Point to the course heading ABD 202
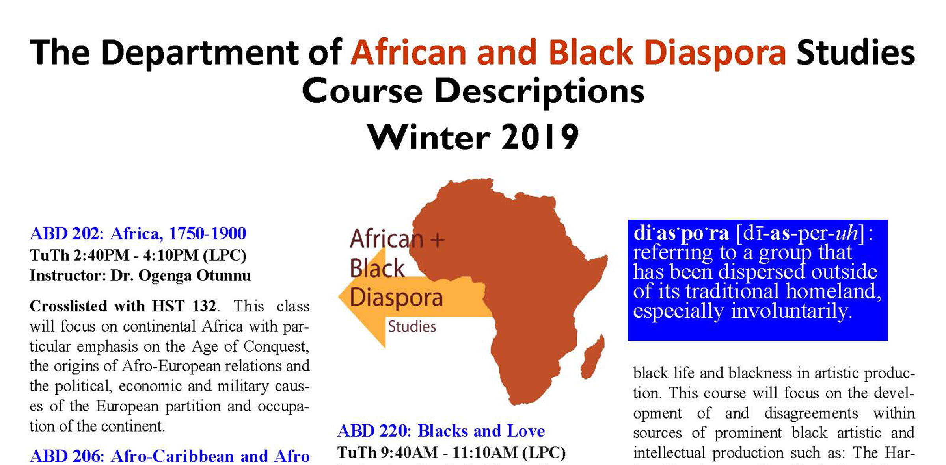67,233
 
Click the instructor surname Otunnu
223,275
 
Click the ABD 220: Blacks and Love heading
441,431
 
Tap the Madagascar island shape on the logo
592,356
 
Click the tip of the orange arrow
339,297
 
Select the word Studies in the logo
412,326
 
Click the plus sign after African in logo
437,239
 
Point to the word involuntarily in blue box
791,311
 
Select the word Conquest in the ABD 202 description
276,346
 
